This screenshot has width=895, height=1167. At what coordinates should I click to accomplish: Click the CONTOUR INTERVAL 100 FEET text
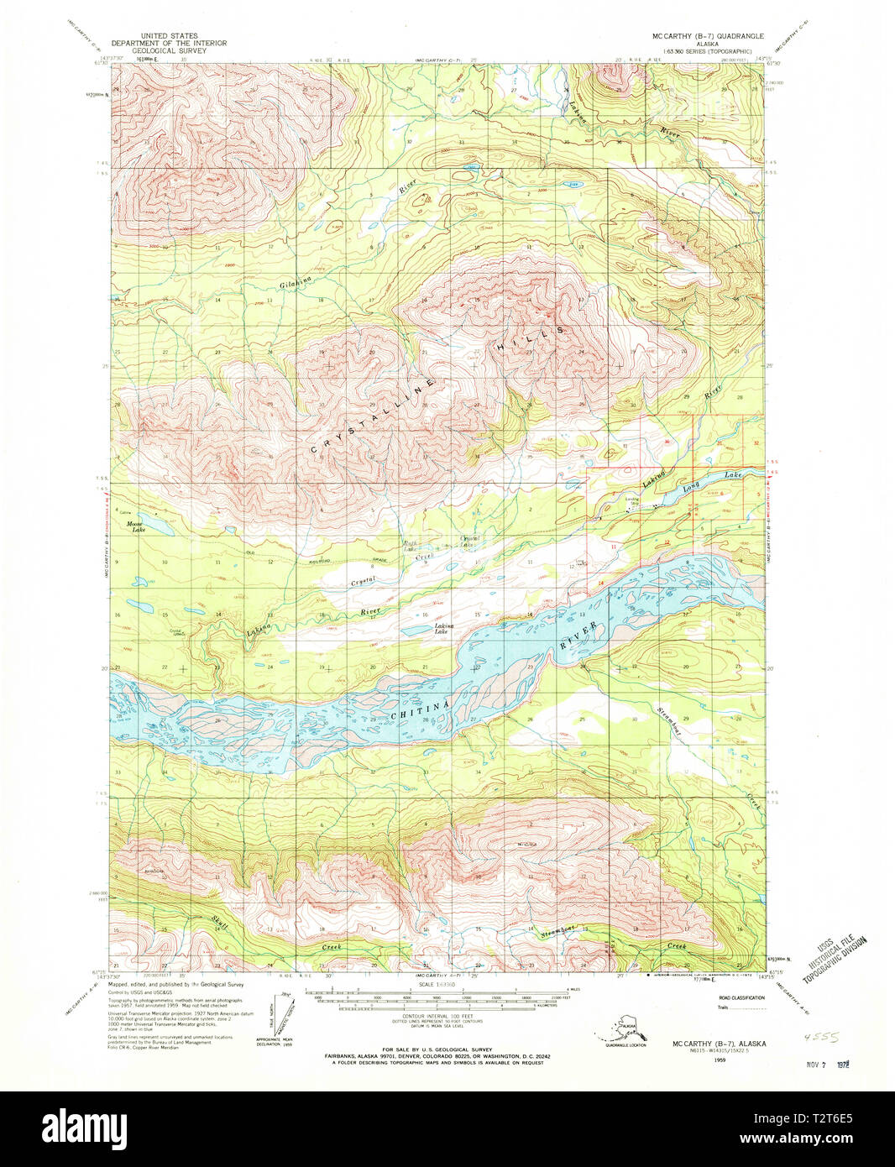[437, 1016]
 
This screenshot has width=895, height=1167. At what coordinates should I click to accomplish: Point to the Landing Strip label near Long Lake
[631, 501]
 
